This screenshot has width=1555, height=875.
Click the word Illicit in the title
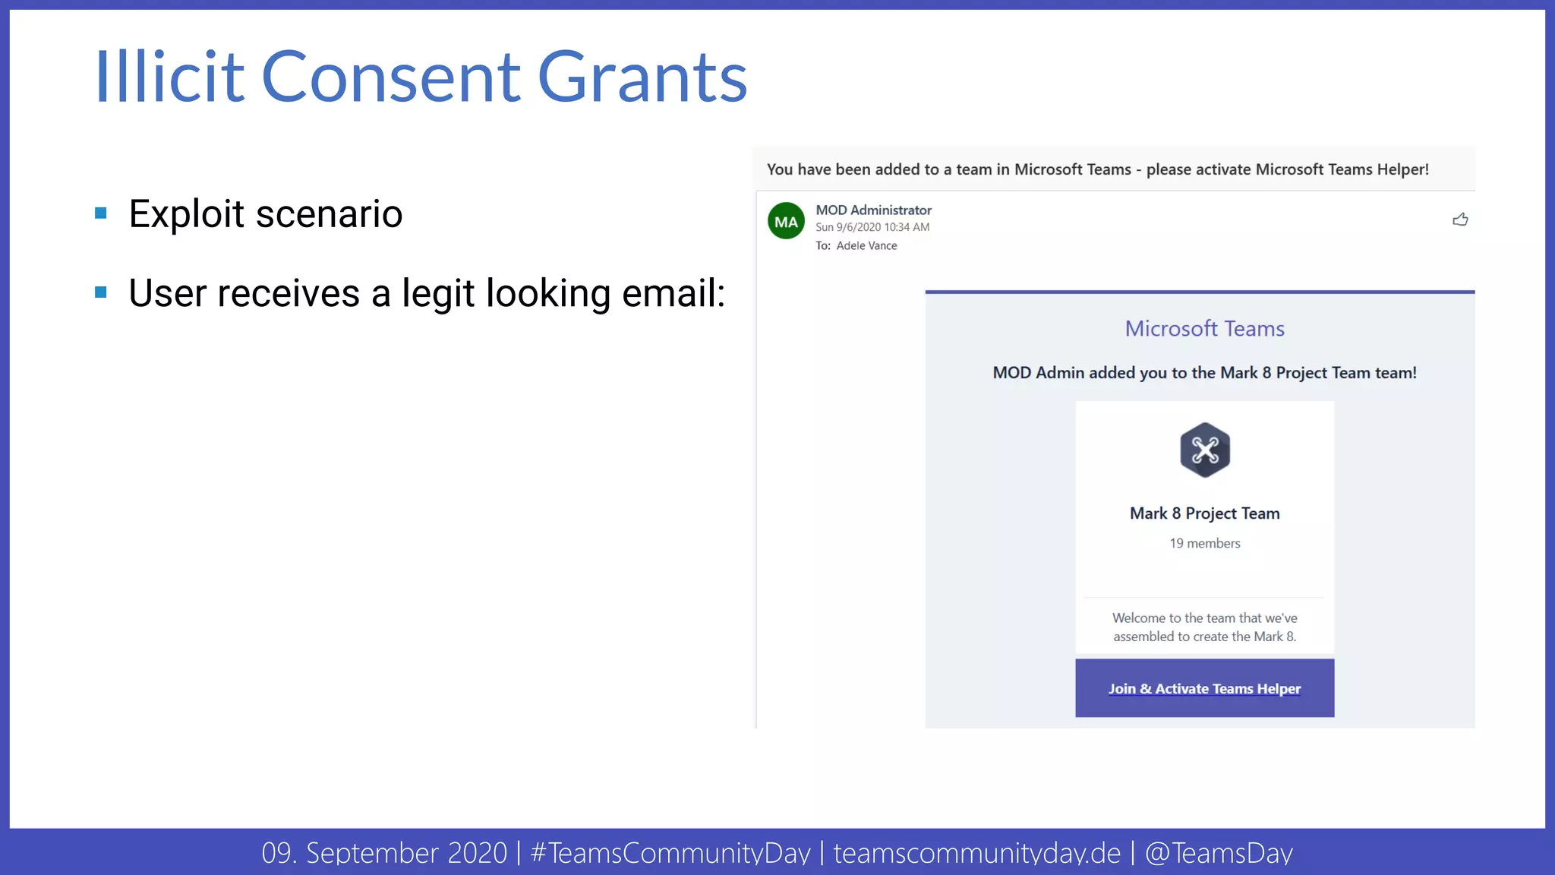click(x=169, y=77)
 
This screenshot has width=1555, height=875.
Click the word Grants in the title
click(x=642, y=77)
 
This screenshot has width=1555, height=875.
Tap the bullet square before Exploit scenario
click(x=101, y=213)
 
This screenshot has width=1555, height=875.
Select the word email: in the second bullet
click(x=673, y=293)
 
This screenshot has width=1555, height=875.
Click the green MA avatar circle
click(x=786, y=221)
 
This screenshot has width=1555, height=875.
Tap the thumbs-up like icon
click(x=1460, y=220)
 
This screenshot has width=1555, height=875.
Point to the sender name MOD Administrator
click(x=873, y=210)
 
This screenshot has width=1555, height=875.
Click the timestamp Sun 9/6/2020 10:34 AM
click(x=872, y=227)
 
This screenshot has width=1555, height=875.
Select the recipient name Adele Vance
click(x=866, y=245)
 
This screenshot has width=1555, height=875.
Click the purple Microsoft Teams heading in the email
click(x=1204, y=328)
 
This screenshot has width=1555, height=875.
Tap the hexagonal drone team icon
click(x=1204, y=450)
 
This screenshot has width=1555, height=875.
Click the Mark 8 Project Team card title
click(x=1204, y=513)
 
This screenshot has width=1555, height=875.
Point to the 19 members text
click(x=1204, y=543)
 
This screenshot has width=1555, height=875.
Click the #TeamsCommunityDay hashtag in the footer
click(x=670, y=853)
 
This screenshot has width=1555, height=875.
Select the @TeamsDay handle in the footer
click(x=1219, y=853)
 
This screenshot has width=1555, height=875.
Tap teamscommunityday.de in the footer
click(x=976, y=853)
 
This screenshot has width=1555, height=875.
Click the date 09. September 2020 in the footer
click(x=384, y=853)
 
